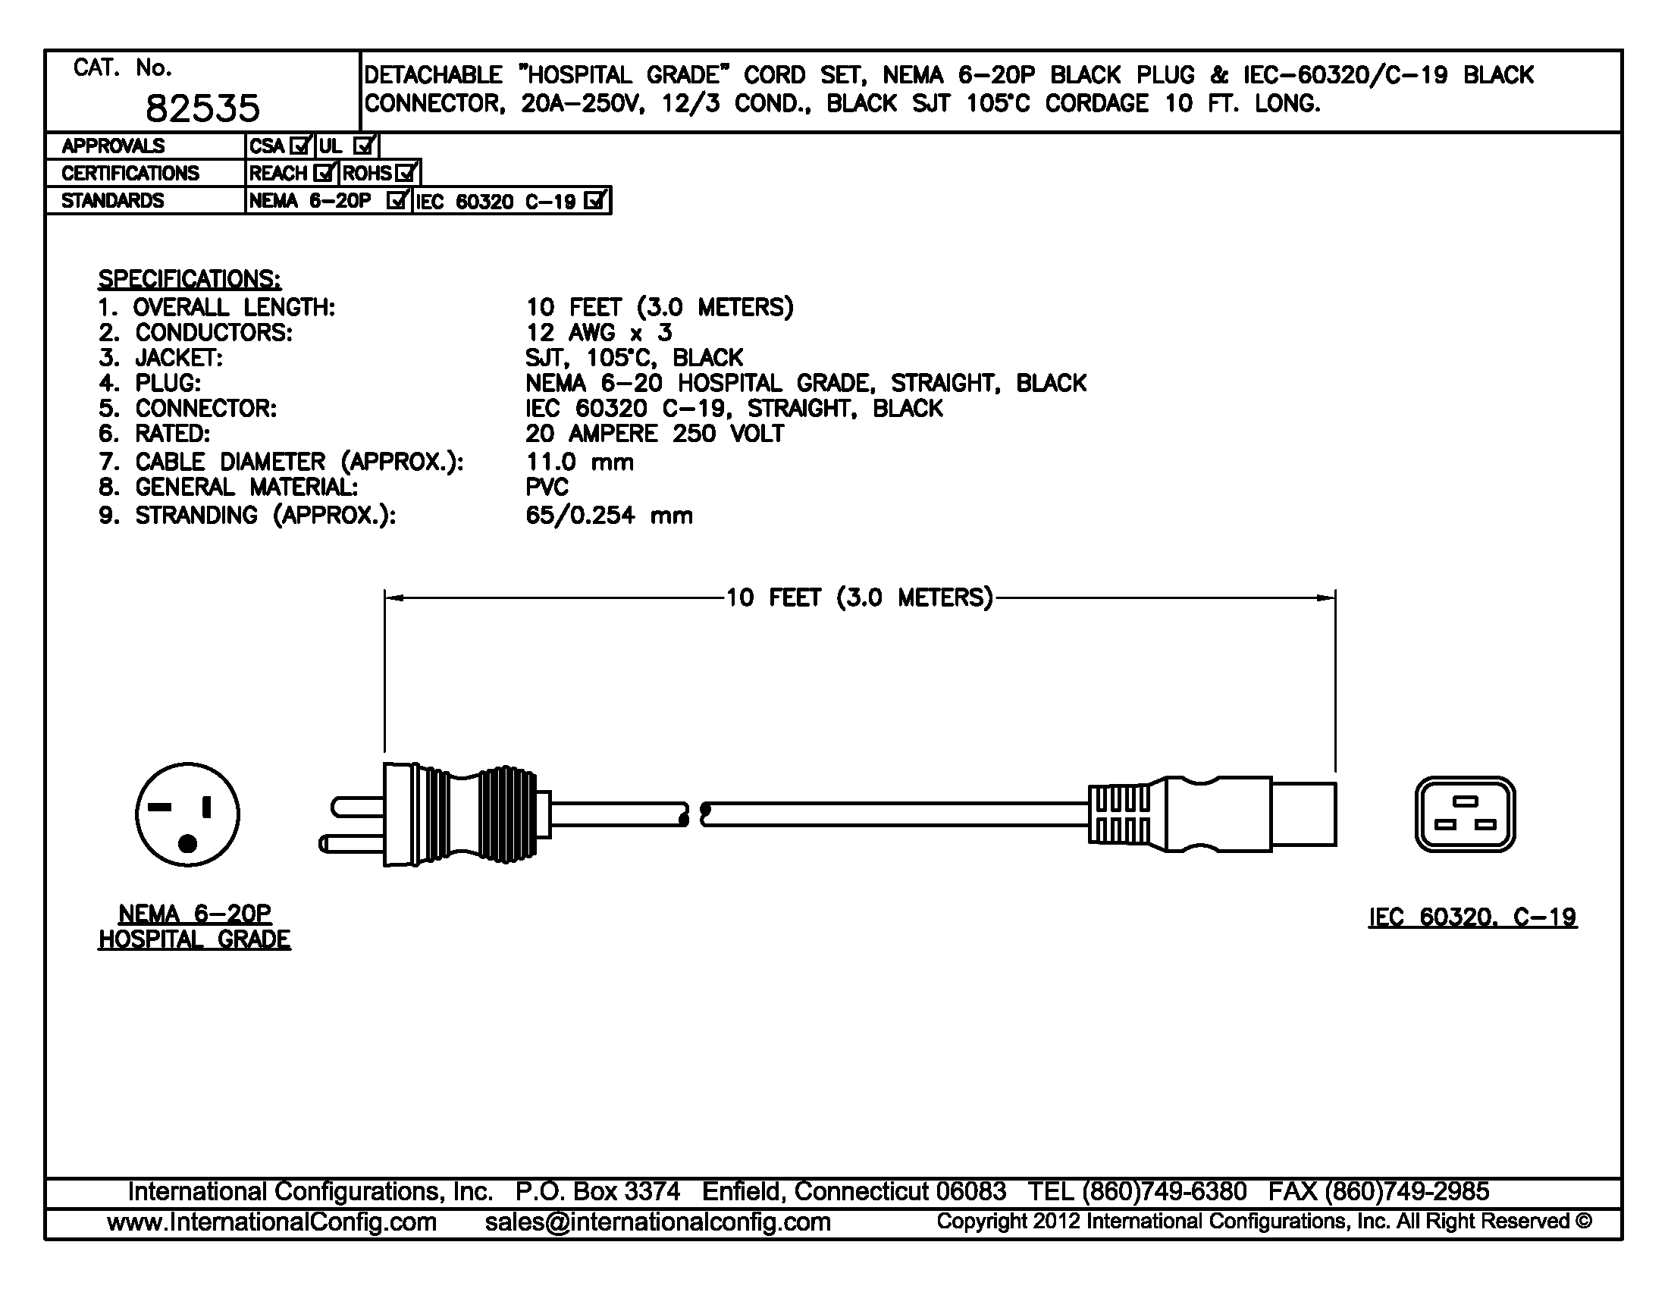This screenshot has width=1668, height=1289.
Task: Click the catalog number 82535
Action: click(x=202, y=108)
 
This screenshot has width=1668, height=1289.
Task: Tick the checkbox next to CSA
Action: click(x=301, y=145)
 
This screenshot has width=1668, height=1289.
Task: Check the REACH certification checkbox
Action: click(x=325, y=174)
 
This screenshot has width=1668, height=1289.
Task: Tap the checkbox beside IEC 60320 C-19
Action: click(x=594, y=201)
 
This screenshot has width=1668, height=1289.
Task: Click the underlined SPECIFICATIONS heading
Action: click(x=189, y=279)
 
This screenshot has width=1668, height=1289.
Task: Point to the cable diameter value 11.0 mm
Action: click(x=580, y=462)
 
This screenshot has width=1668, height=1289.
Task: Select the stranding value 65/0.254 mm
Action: click(x=609, y=516)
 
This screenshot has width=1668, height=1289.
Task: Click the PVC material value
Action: click(x=547, y=488)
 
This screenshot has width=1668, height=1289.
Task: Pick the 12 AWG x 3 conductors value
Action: click(x=599, y=333)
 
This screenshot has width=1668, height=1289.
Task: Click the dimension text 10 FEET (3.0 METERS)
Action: click(x=859, y=597)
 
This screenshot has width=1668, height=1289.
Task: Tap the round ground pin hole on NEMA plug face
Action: click(x=187, y=843)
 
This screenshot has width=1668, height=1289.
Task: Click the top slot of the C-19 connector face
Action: click(x=1465, y=801)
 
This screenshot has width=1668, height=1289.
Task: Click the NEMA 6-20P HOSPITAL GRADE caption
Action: click(x=195, y=927)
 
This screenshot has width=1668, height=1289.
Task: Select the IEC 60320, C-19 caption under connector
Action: click(x=1472, y=917)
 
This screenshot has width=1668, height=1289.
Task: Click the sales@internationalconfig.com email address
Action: click(x=657, y=1222)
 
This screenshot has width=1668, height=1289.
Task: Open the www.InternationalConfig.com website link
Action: click(x=272, y=1222)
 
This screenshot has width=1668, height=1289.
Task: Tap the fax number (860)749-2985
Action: click(x=1406, y=1191)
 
